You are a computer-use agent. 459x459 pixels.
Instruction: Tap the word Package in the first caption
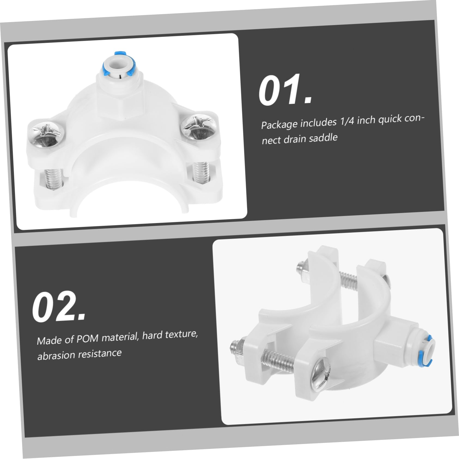[279, 125]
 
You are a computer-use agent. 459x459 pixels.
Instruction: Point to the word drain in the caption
[295, 139]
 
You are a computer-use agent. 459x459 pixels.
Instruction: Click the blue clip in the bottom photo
[427, 351]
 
